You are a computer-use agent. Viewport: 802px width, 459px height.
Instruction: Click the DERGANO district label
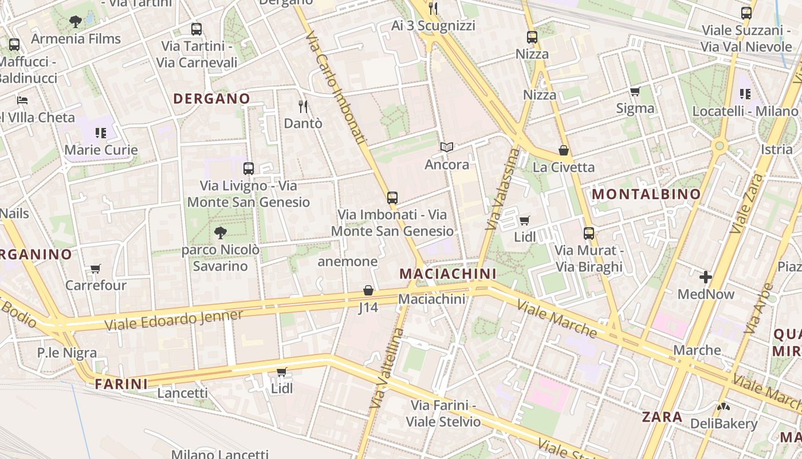(211, 99)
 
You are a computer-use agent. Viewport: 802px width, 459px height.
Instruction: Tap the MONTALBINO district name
(646, 194)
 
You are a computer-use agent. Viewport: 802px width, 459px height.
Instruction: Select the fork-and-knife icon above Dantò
(303, 106)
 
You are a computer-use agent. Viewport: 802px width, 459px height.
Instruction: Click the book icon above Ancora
(447, 147)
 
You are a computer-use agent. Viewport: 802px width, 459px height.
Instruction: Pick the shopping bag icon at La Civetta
(564, 150)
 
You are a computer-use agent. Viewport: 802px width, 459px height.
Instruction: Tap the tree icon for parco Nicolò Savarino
(220, 232)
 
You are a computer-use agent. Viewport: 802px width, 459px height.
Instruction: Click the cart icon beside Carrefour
(96, 269)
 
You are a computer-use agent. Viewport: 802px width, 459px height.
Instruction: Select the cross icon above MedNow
(706, 278)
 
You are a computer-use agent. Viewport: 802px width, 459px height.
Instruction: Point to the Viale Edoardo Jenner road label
(174, 320)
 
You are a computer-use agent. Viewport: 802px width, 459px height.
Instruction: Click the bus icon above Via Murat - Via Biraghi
(589, 234)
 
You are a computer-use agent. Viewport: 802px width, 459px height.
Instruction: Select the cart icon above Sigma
(635, 92)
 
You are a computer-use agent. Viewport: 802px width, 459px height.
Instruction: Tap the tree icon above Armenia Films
(75, 22)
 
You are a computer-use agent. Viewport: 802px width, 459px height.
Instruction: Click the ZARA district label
(662, 417)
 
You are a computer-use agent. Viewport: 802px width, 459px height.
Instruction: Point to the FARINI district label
(121, 383)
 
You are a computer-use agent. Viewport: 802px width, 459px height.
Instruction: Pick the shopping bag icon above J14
(368, 291)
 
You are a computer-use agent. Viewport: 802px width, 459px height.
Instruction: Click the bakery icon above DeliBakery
(724, 407)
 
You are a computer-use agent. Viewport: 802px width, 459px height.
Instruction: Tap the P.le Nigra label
(67, 353)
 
